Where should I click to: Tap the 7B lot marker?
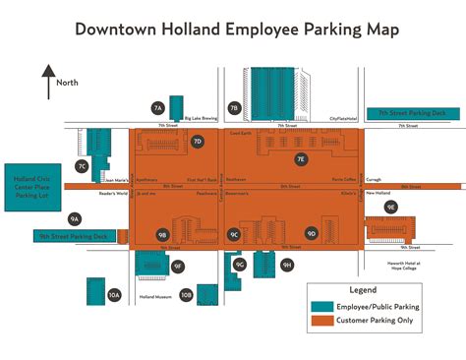click(x=234, y=108)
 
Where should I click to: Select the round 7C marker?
click(x=83, y=167)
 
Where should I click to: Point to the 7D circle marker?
click(x=197, y=142)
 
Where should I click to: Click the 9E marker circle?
click(x=390, y=207)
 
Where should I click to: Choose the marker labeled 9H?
click(x=287, y=265)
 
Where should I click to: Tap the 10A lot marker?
click(x=114, y=294)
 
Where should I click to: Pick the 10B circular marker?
click(x=187, y=293)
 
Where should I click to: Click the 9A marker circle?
click(x=75, y=218)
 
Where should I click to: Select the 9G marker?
click(x=240, y=264)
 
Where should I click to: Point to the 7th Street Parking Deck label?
click(x=412, y=113)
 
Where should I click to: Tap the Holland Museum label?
click(x=155, y=296)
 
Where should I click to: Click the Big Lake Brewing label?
click(x=201, y=118)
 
